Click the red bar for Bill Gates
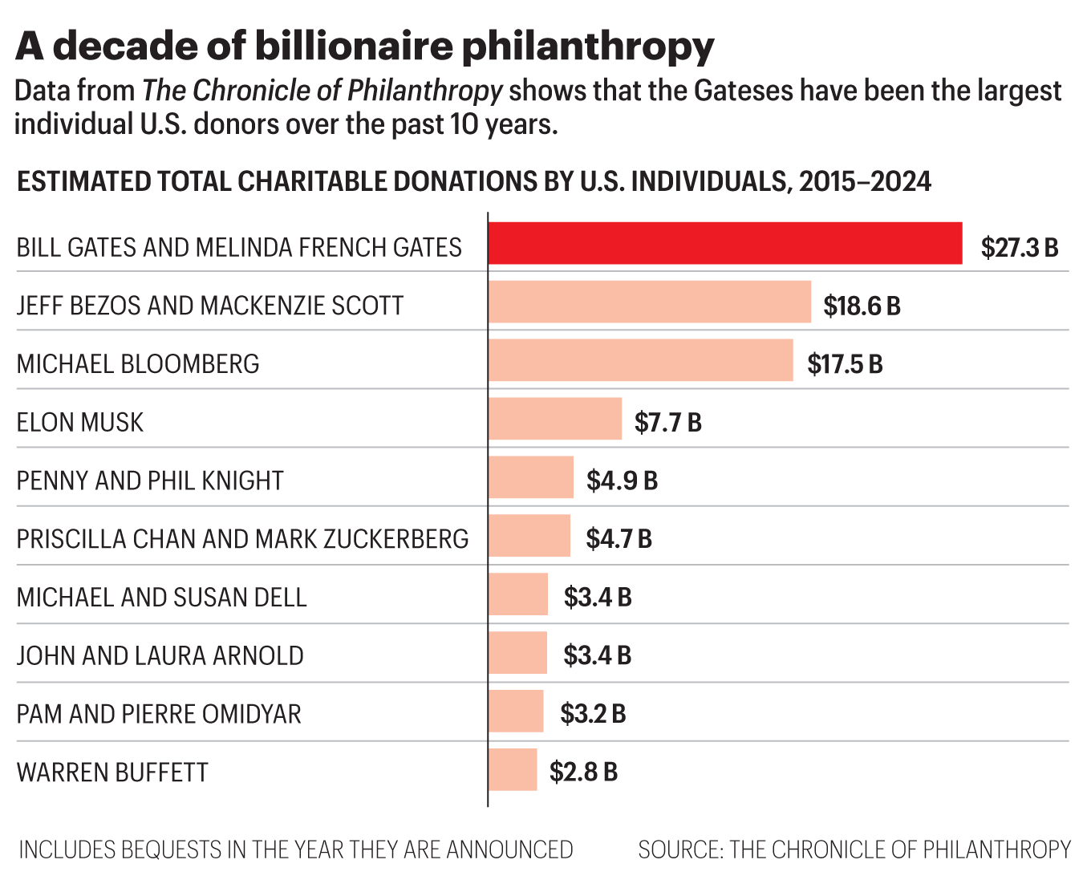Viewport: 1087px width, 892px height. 725,243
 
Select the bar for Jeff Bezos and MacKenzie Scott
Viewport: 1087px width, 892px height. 650,302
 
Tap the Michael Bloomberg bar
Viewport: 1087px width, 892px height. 640,360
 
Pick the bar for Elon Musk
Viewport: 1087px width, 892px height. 555,419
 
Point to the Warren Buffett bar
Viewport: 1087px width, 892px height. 513,770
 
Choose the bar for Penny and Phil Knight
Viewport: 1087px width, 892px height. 531,477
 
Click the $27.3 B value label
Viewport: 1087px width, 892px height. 1020,247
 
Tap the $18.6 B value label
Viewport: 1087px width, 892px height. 862,306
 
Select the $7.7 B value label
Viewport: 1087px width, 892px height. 668,422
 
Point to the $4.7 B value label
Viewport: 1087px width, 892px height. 619,538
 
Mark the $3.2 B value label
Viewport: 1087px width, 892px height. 593,713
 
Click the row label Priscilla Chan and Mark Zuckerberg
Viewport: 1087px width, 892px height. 242,538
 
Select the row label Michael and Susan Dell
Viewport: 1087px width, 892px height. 162,597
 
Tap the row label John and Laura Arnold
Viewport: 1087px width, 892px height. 160,655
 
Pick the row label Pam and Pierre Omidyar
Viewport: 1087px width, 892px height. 159,713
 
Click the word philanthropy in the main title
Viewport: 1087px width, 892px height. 588,47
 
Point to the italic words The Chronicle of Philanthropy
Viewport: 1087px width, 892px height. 322,91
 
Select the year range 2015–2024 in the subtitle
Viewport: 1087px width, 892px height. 865,181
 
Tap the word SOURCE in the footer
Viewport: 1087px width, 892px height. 679,849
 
